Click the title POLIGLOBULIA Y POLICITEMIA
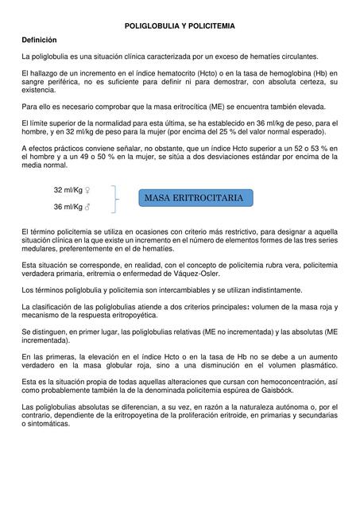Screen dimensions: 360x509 180,26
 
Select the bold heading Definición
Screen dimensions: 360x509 39,40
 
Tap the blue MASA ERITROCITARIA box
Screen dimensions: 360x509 194,196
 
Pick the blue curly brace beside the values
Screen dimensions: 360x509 118,199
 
